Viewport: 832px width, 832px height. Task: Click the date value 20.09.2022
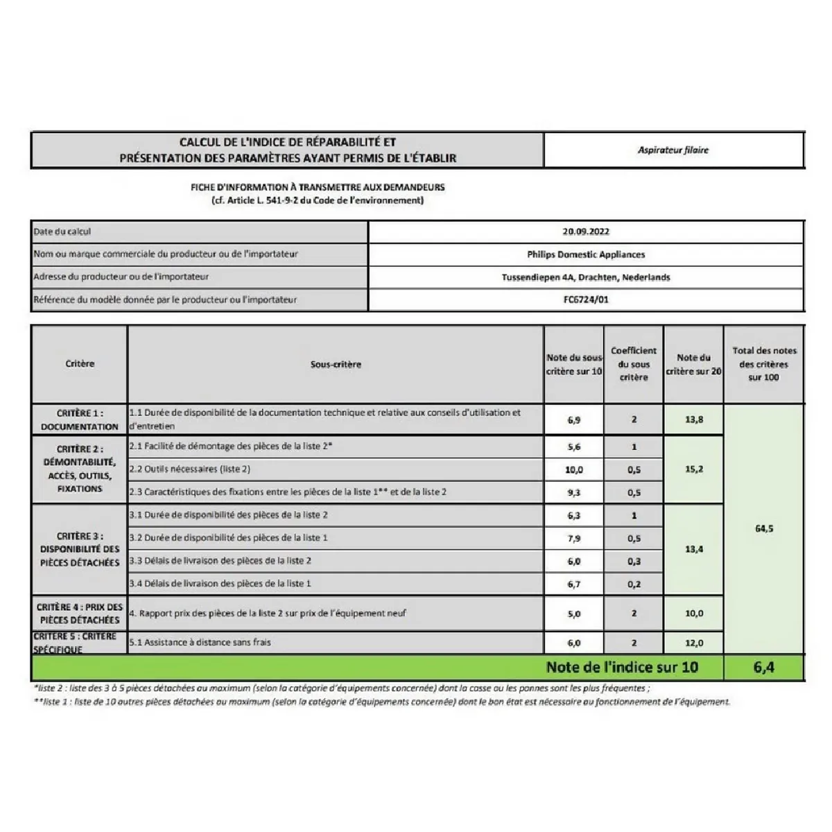pos(586,232)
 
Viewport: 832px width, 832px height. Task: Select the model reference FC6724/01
pos(586,300)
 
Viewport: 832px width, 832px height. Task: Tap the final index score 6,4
pos(763,668)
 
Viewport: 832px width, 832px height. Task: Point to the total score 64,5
pos(763,528)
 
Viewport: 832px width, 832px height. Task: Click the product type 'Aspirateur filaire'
pos(673,150)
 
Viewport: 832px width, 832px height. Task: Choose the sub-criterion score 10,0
pos(574,469)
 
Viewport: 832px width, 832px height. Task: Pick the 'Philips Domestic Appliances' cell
pos(586,254)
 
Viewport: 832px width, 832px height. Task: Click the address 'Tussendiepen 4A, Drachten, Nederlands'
pos(586,277)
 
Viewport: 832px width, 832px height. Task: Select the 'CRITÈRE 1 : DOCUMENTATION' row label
pos(80,419)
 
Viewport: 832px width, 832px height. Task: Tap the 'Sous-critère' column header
pos(336,364)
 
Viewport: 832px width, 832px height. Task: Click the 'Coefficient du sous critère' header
pos(634,364)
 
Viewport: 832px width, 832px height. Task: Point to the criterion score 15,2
pos(694,469)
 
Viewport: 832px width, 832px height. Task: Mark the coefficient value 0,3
pos(634,561)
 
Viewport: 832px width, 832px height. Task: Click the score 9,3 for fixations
pos(574,492)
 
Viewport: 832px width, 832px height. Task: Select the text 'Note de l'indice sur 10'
pos(622,668)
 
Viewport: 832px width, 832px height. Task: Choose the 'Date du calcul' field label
pos(62,232)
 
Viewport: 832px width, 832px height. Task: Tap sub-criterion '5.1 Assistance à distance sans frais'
pos(200,642)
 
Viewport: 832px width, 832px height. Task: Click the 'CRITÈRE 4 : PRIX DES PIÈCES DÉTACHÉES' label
pos(80,614)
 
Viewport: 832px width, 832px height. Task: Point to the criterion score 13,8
pos(694,419)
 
